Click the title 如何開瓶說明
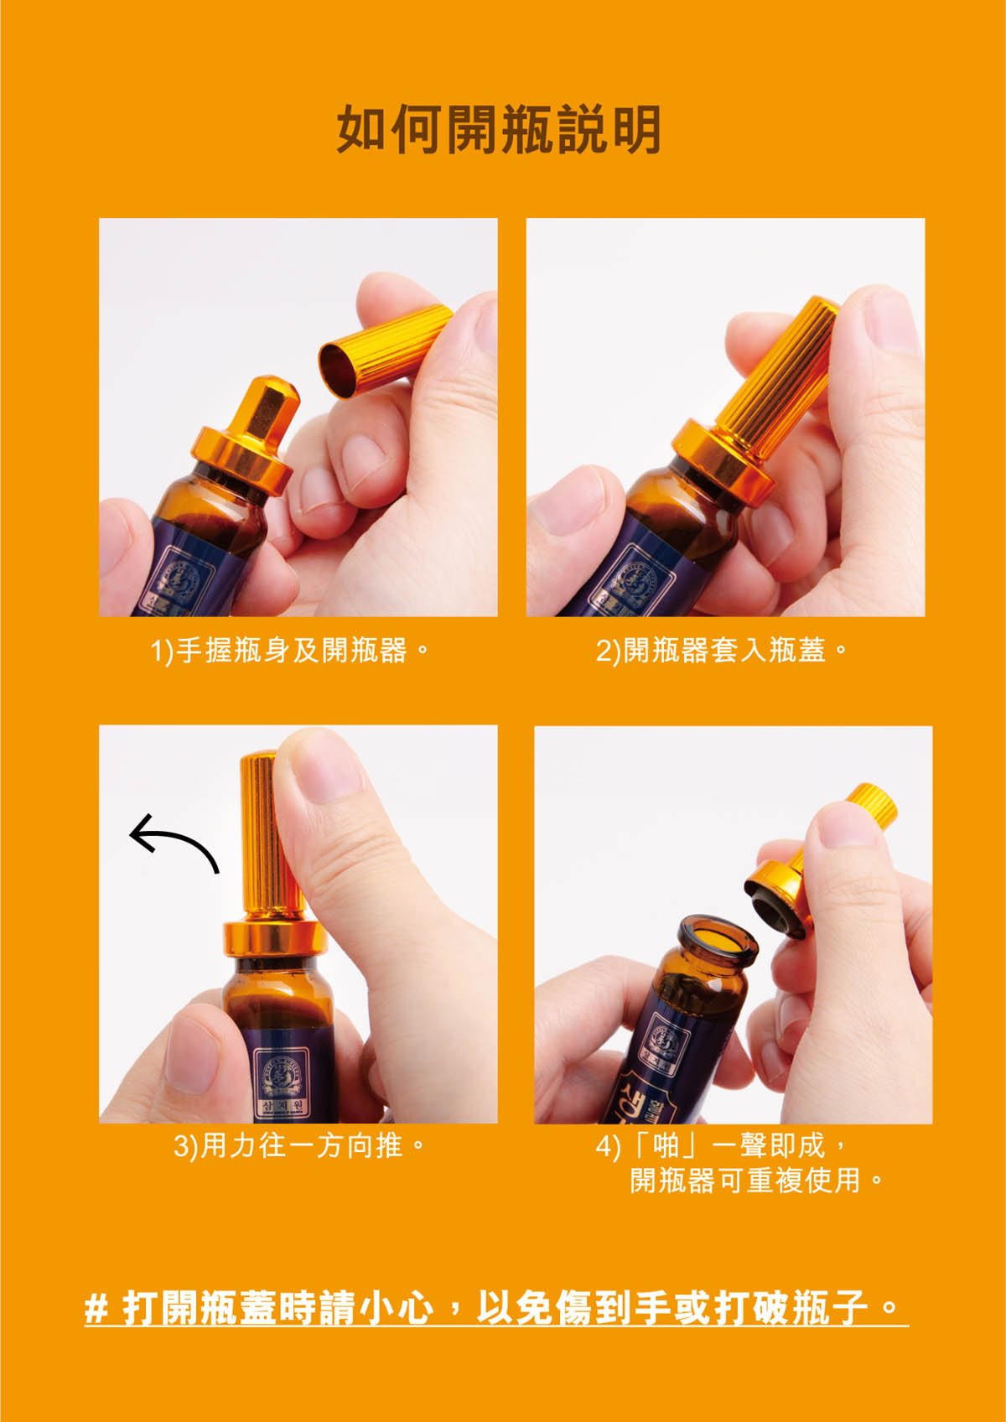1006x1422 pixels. pos(499,129)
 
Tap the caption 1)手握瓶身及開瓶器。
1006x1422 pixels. pos(290,651)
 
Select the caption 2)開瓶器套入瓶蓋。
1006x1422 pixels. pos(722,651)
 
